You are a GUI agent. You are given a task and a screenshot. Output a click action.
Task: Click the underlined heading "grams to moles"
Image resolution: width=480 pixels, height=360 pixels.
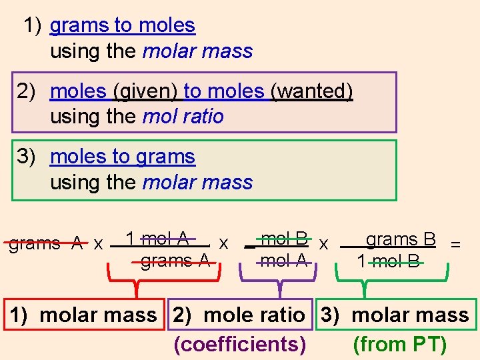tap(123, 26)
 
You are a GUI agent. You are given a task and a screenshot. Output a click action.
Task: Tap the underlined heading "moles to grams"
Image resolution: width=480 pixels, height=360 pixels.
tap(123, 157)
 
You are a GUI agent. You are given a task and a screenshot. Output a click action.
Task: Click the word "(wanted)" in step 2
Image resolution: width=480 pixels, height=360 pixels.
tap(311, 91)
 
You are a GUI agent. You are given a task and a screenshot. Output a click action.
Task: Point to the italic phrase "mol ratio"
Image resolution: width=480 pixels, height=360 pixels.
tap(183, 117)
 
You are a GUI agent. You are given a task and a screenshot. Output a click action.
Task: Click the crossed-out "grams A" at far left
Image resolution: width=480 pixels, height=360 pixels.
tap(45, 243)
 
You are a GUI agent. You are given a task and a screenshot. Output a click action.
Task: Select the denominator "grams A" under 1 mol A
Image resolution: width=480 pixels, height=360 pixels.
tap(175, 261)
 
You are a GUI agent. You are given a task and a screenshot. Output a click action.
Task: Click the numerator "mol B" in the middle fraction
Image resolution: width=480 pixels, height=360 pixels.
tap(285, 238)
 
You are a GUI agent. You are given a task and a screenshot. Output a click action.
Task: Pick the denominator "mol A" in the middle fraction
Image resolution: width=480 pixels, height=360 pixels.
tap(284, 261)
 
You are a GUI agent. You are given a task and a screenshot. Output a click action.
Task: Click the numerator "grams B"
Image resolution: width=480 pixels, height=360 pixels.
tap(401, 239)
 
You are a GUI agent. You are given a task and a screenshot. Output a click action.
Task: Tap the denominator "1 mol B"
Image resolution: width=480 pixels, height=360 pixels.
tap(389, 261)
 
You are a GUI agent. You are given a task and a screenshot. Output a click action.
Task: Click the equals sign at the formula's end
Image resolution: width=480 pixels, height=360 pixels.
tap(455, 245)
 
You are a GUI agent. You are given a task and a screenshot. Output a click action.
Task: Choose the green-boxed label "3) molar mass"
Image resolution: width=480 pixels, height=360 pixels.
tap(395, 315)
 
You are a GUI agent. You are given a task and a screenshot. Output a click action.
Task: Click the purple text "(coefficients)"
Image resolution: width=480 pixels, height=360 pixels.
tap(240, 344)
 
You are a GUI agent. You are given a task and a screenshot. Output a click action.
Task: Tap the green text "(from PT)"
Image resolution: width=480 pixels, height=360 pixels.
tap(399, 344)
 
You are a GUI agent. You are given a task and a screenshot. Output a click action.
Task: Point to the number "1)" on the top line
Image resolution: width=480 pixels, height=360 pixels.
tap(33, 26)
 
